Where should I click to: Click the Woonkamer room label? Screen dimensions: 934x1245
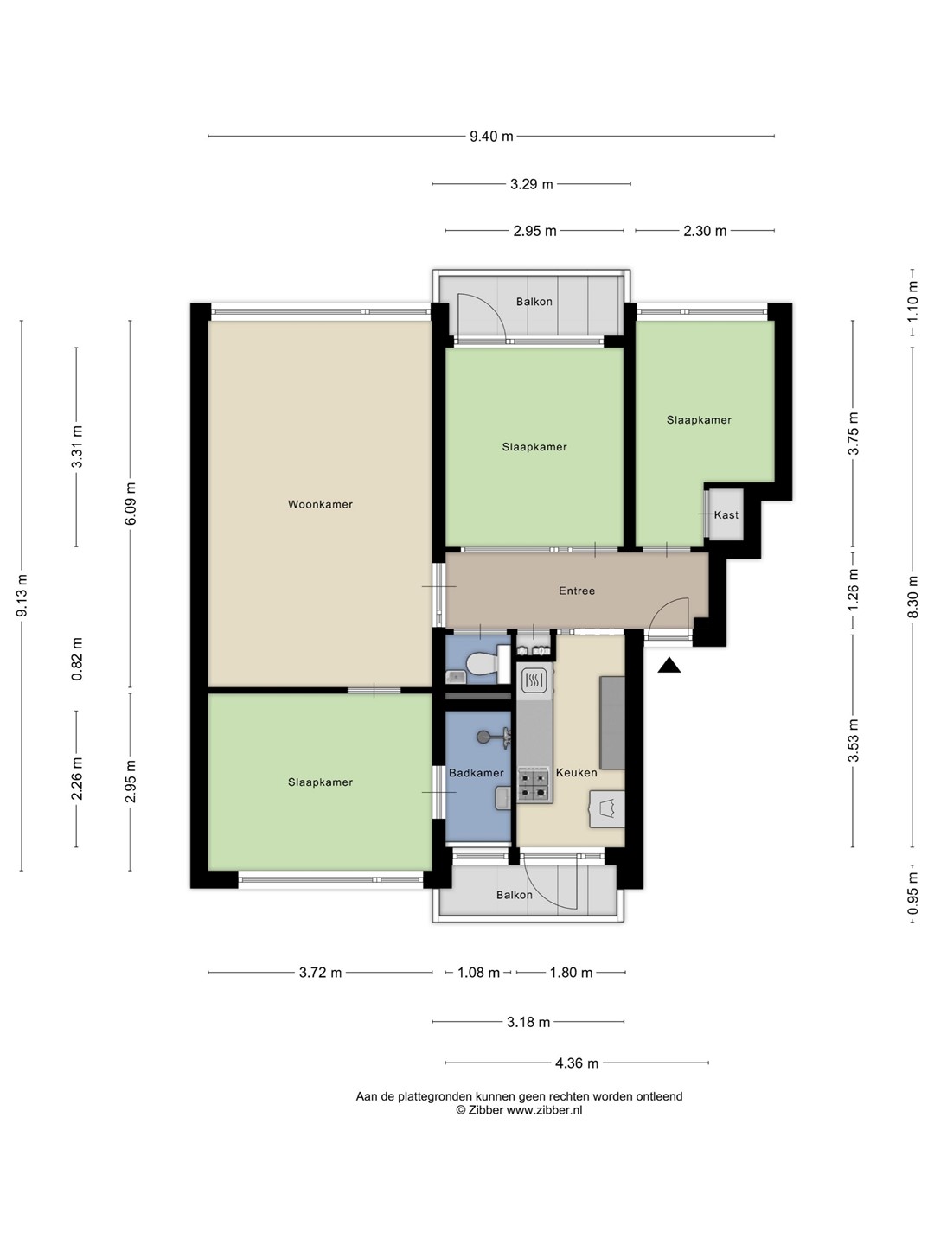(x=320, y=504)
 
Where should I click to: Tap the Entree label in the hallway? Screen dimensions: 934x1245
(x=577, y=591)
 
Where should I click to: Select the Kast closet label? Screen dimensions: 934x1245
(x=726, y=515)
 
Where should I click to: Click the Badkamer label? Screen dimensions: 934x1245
(x=476, y=773)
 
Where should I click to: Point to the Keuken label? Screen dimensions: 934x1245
(x=576, y=773)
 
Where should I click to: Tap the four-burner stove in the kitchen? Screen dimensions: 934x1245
(x=534, y=784)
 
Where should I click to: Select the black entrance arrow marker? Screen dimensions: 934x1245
(x=669, y=666)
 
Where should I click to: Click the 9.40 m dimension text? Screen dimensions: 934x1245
(x=491, y=137)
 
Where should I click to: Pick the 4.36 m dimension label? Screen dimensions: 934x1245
(x=576, y=1063)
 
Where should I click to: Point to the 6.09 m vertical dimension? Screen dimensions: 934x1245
(x=131, y=504)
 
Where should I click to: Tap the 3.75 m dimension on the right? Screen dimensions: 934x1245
(x=854, y=433)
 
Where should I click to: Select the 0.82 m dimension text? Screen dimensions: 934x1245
(x=77, y=659)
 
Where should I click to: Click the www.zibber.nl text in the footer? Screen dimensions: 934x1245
(x=544, y=1111)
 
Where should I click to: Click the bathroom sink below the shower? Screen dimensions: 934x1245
(x=503, y=799)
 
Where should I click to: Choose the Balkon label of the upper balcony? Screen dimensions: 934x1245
(x=534, y=302)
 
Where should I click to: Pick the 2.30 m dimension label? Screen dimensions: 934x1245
(x=704, y=232)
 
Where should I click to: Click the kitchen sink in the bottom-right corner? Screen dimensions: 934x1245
(x=607, y=809)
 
